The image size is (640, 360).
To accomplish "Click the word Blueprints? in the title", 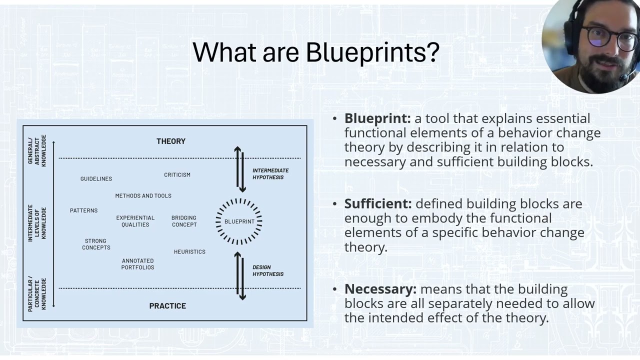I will tap(372, 52).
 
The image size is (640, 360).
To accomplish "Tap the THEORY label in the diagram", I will tap(171, 141).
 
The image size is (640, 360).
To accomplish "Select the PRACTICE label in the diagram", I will tap(167, 306).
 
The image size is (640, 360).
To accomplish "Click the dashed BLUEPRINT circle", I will tap(239, 221).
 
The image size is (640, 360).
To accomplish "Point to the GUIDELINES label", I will tap(96, 179).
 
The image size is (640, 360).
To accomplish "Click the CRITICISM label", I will tap(177, 175).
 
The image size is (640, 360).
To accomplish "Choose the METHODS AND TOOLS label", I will tap(143, 196).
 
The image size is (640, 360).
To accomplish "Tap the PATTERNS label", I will tap(83, 210).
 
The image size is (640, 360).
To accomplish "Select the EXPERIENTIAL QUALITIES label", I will tap(135, 221).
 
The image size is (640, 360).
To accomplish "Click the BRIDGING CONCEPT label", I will tap(184, 221).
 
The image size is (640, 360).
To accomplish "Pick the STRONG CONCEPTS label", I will tap(96, 244).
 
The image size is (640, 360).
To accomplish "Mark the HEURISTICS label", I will tap(189, 252).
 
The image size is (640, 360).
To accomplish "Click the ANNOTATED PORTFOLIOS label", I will tap(137, 264).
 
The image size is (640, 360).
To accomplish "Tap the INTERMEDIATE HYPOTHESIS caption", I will tap(270, 174).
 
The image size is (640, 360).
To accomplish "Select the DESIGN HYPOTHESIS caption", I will tap(267, 270).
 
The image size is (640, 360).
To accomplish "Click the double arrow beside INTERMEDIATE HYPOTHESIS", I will tap(240, 169).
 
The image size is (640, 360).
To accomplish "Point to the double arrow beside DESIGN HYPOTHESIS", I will tap(240, 275).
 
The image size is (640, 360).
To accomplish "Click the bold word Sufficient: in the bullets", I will tap(378, 204).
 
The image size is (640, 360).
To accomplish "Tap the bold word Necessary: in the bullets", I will tap(380, 289).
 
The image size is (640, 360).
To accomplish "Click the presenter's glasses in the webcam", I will tap(611, 37).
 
